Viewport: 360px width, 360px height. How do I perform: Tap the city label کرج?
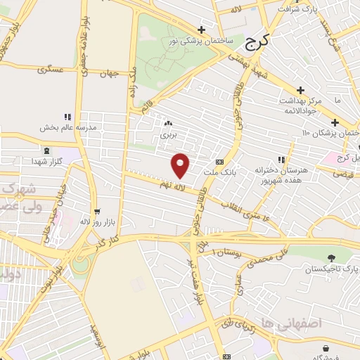click(258, 44)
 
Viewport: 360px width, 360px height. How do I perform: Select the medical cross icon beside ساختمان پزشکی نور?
click(202, 30)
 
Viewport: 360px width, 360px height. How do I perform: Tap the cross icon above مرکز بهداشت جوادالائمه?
click(301, 90)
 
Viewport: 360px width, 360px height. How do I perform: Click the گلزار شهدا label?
click(46, 162)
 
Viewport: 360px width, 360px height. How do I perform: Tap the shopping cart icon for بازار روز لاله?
click(96, 210)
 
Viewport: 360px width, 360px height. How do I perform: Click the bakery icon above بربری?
click(167, 121)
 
